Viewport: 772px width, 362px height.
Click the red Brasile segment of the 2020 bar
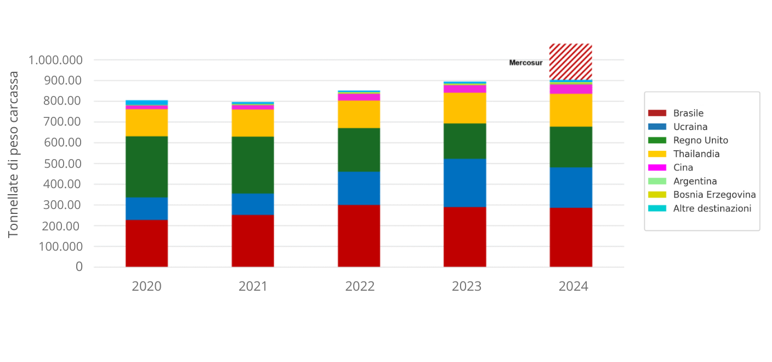coord(146,243)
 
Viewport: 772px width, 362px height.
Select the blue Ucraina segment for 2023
coord(464,183)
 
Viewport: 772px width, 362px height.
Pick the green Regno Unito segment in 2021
coord(253,165)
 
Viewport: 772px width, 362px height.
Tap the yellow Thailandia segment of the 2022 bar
coord(359,114)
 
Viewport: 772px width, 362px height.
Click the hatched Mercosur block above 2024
coord(571,61)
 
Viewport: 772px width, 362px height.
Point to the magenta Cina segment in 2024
coord(571,89)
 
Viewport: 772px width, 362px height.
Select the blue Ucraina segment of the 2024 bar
coord(571,187)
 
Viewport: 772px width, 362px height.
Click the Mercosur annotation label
coord(526,63)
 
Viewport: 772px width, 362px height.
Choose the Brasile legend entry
coord(688,113)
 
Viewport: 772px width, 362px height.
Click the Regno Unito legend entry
coord(700,140)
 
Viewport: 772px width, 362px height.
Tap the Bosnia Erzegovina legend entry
coord(714,195)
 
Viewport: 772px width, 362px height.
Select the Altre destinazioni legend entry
coord(712,208)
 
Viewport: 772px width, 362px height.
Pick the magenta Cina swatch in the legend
coord(657,167)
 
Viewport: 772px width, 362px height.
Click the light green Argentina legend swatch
coord(657,181)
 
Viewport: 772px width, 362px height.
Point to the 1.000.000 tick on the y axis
coord(56,60)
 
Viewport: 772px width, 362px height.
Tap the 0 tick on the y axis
coord(79,267)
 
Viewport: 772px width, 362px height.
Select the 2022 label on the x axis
coord(360,286)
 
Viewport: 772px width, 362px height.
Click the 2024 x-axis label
coord(573,286)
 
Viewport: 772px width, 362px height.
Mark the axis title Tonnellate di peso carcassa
coord(14,154)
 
